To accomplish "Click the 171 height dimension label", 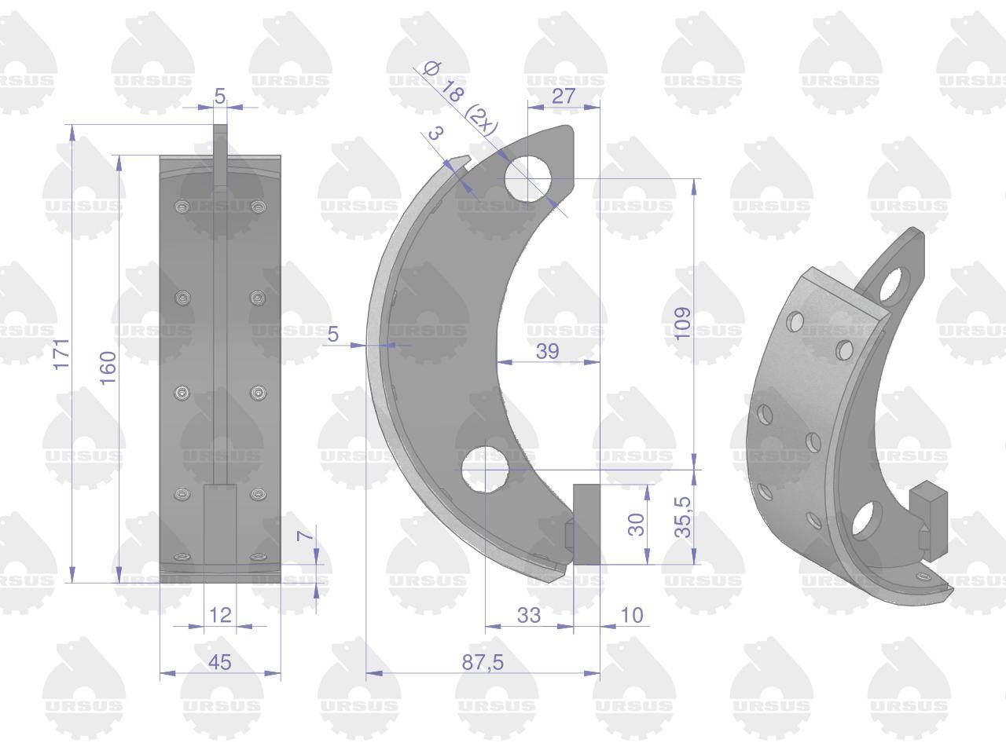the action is coord(61,354).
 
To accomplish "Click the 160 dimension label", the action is coord(108,368).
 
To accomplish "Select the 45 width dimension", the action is coord(219,662).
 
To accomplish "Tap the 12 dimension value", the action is coord(220,615).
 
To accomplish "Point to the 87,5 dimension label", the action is coord(483,662).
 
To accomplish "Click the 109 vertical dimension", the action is coord(682,324).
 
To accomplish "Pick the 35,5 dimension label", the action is coord(682,516).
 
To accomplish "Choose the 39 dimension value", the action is coord(548,351).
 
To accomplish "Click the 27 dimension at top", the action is coord(564,96).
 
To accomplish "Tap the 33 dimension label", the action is coord(529,615).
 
